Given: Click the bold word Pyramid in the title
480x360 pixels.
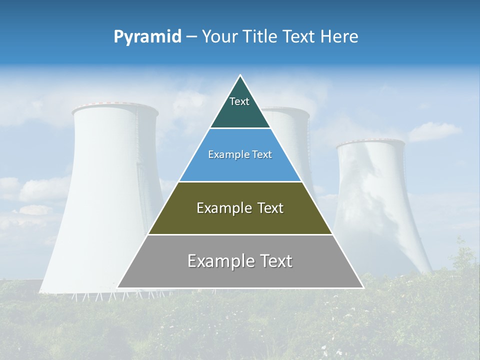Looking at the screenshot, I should pyautogui.click(x=147, y=37).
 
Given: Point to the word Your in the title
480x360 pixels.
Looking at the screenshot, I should pyautogui.click(x=219, y=37).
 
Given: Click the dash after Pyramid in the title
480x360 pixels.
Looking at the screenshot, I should pyautogui.click(x=191, y=37).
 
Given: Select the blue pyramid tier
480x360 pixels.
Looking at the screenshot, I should pyautogui.click(x=240, y=167).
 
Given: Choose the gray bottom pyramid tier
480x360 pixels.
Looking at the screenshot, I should pyautogui.click(x=240, y=275).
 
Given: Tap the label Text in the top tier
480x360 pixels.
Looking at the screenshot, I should pyautogui.click(x=239, y=101).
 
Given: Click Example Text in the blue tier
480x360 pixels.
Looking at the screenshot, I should pyautogui.click(x=240, y=154).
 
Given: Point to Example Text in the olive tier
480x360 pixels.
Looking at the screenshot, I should pyautogui.click(x=240, y=208).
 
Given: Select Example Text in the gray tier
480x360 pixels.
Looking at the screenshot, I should pyautogui.click(x=240, y=261).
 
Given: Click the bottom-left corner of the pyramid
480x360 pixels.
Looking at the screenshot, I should pyautogui.click(x=118, y=287).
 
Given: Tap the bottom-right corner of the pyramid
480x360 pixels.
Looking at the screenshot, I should pyautogui.click(x=363, y=287).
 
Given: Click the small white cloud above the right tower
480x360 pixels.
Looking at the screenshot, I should pyautogui.click(x=434, y=131).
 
